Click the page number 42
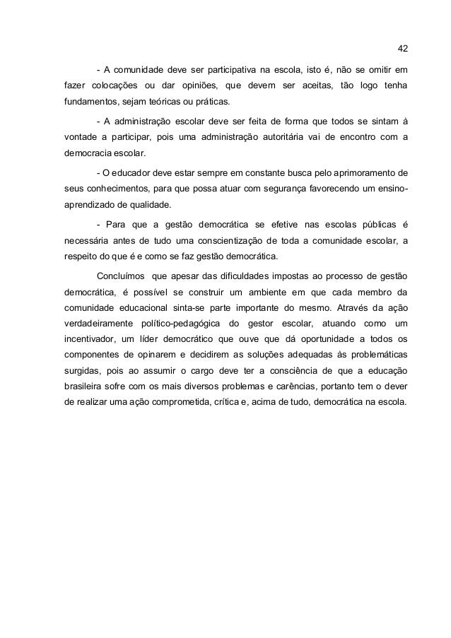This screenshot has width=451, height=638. point(403,49)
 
